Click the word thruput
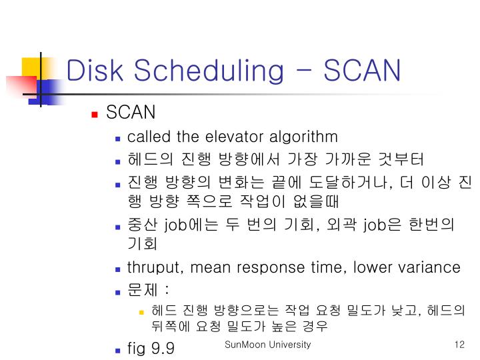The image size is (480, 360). [156, 268]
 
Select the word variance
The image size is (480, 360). [429, 268]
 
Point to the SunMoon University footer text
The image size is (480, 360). [268, 345]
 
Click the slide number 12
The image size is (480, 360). [458, 345]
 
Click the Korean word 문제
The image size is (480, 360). [141, 290]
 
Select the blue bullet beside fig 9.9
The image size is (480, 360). [117, 349]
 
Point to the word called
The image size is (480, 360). [149, 137]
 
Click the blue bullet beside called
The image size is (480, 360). [117, 139]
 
